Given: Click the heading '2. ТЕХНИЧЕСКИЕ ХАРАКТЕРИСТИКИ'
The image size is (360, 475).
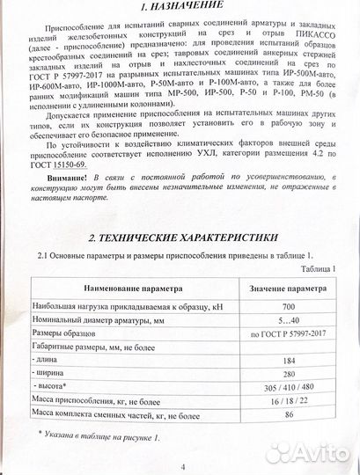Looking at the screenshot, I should click(182, 238).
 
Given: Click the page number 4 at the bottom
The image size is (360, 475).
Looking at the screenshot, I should click(183, 464).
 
